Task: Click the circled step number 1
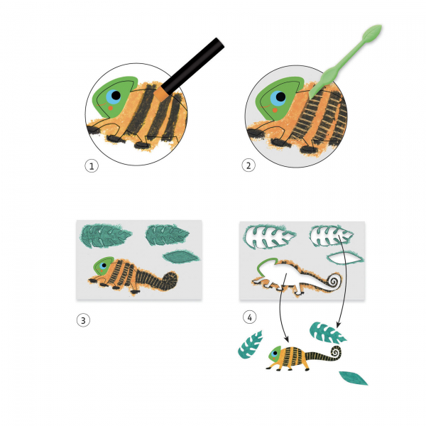(x=92, y=166)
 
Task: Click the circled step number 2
(x=248, y=165)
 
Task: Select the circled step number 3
(x=83, y=320)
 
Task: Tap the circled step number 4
(x=249, y=317)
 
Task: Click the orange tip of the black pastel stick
(x=161, y=94)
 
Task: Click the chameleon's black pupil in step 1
(x=116, y=95)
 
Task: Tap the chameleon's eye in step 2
(x=278, y=98)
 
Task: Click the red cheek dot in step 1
(x=111, y=108)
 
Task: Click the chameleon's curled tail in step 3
(x=170, y=280)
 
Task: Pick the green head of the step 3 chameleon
(x=103, y=266)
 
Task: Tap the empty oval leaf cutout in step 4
(x=345, y=258)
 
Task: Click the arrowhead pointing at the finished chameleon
(x=286, y=339)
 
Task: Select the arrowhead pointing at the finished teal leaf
(x=339, y=324)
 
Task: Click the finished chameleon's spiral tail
(x=336, y=352)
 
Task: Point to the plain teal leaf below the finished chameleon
(x=353, y=378)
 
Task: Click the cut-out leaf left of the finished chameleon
(x=250, y=344)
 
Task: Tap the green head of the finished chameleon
(x=275, y=354)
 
